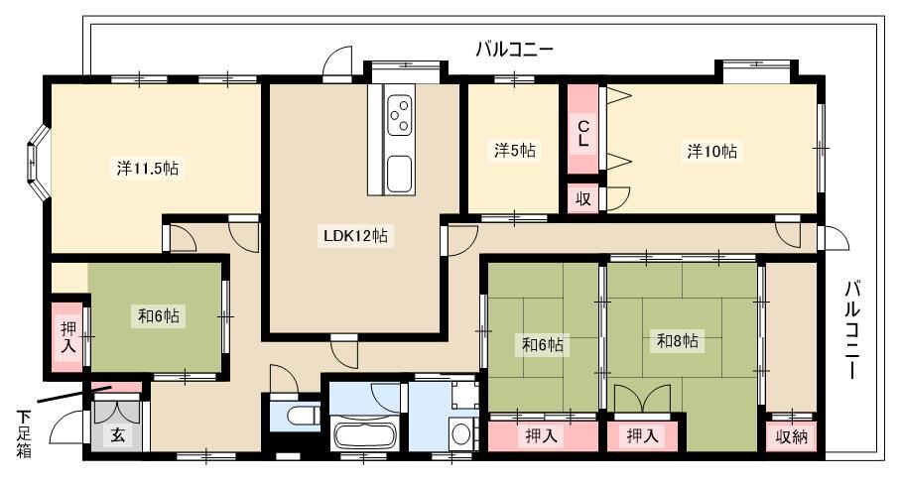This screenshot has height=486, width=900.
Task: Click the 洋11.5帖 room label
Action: coord(148,169)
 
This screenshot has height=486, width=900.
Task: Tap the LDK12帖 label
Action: coord(355,235)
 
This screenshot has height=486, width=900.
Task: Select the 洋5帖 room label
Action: coord(514,151)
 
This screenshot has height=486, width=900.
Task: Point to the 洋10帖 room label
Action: coord(711,151)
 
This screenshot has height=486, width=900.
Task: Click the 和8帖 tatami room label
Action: coord(678,341)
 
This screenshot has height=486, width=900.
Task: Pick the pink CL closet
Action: coord(583,129)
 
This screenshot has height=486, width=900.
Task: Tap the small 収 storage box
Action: coord(583,198)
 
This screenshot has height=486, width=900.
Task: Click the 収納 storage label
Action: coord(792,436)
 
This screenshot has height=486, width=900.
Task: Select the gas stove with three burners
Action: coord(400,115)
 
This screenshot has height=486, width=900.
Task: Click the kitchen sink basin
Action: coord(399,174)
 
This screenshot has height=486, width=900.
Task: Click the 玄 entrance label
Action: coord(117,435)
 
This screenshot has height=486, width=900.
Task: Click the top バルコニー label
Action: coord(514,50)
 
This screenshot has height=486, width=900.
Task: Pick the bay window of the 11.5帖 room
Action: coord(39,163)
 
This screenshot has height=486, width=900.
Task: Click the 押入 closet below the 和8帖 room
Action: coord(642,436)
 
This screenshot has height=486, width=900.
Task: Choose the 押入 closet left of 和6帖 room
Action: coord(68,337)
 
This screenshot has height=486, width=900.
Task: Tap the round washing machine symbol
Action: coord(460,434)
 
